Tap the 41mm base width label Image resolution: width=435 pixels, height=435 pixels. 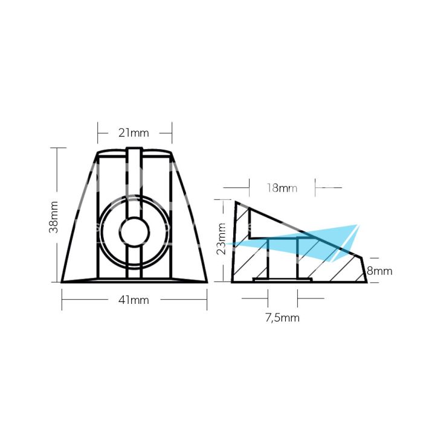point(134,300)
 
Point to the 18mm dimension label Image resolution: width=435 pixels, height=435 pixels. point(281,188)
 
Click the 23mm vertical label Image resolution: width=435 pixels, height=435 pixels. point(223,239)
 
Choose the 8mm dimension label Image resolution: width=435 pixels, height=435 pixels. point(379,271)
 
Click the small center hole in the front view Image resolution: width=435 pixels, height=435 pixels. point(134,230)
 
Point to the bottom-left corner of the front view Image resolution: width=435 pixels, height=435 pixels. point(62,282)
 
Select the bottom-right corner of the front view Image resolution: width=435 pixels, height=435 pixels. point(207,282)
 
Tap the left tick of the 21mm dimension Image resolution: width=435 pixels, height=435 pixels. point(98,130)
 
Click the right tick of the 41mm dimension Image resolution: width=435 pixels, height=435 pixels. point(207,299)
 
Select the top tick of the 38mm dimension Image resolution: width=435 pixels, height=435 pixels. point(58,147)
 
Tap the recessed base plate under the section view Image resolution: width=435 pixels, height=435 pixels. point(282,280)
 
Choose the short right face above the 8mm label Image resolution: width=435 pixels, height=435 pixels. point(365,269)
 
